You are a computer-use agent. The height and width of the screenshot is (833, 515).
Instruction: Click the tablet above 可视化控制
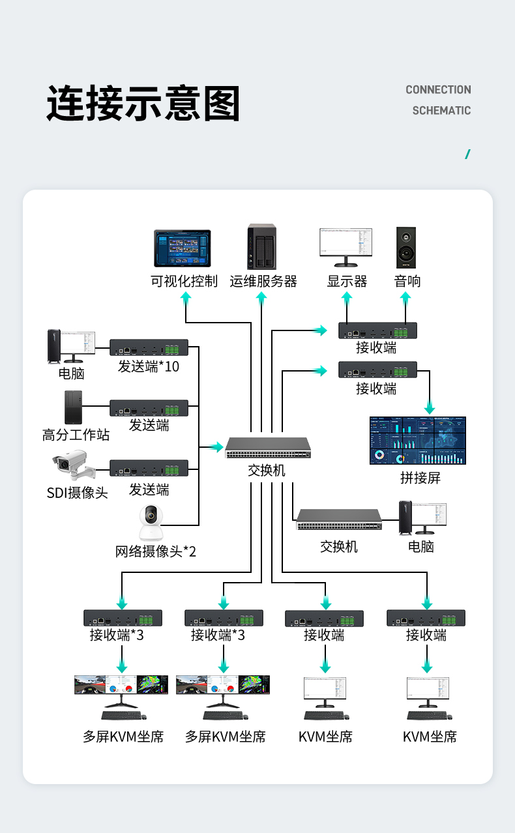(x=183, y=248)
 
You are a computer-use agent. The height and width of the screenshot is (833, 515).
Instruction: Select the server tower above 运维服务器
(x=262, y=246)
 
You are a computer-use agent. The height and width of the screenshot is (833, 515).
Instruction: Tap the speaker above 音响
(x=406, y=247)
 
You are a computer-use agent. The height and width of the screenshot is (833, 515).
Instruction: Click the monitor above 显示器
(x=346, y=247)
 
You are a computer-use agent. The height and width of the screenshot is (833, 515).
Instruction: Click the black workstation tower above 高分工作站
(x=73, y=407)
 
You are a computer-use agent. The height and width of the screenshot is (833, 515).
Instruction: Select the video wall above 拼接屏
(x=418, y=441)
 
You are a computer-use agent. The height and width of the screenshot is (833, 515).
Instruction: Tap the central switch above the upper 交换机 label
(x=268, y=447)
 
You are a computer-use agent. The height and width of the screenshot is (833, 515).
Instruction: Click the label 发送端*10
(x=149, y=367)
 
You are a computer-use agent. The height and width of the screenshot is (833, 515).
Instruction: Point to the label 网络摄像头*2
(x=155, y=551)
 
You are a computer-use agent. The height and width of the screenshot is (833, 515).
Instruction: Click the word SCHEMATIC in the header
(x=441, y=110)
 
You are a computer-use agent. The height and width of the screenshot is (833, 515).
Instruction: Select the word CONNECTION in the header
(x=438, y=89)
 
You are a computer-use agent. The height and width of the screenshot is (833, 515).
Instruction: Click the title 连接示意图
(x=143, y=103)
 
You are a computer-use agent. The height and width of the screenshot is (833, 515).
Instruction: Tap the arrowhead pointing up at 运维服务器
(x=261, y=297)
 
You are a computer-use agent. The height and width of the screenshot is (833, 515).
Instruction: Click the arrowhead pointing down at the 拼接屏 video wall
(x=430, y=409)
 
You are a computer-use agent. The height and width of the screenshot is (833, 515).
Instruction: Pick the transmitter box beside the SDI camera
(x=149, y=468)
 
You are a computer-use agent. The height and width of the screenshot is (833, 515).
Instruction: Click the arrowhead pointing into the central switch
(x=218, y=447)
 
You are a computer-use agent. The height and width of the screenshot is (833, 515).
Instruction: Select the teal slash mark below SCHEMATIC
(x=468, y=154)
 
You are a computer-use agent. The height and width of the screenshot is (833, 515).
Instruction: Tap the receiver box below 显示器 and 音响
(x=377, y=330)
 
